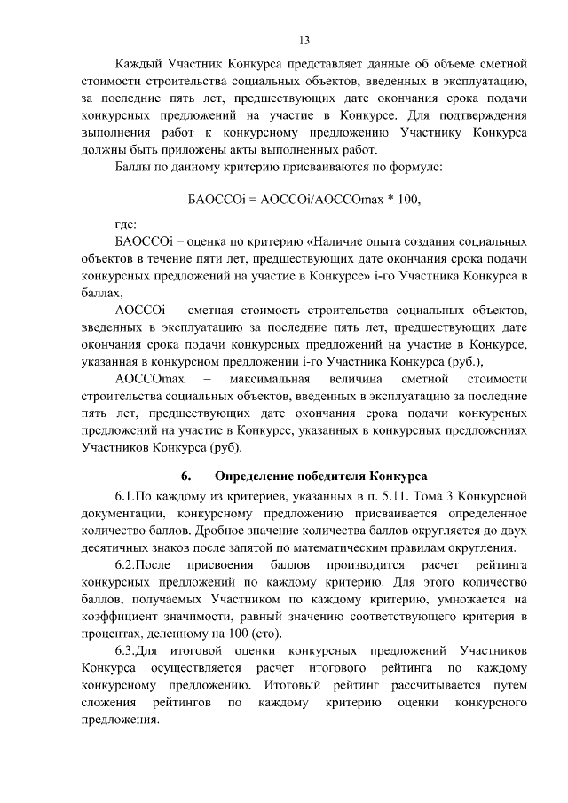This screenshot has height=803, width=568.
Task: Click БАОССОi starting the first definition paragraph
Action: pyautogui.click(x=146, y=241)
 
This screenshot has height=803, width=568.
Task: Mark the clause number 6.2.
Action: pyautogui.click(x=129, y=565)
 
